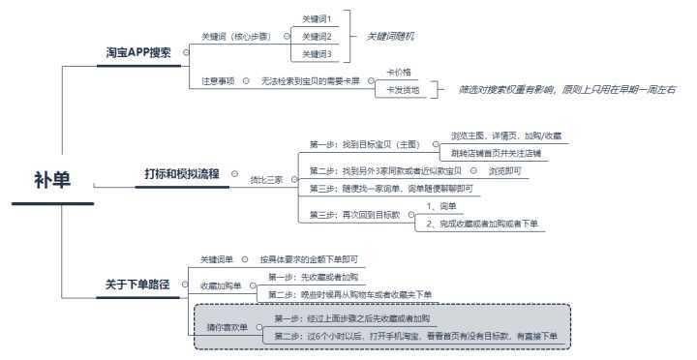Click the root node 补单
point(52,180)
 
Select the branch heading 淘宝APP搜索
point(138,53)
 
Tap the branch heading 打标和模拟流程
point(183,173)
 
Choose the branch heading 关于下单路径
point(137,285)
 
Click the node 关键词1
point(317,18)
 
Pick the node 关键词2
point(317,36)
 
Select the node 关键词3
point(317,53)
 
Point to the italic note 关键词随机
point(390,36)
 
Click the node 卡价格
point(400,72)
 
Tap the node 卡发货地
point(403,89)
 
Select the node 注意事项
point(218,80)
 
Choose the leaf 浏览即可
point(504,170)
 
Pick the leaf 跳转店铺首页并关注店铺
point(496,153)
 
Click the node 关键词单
point(218,259)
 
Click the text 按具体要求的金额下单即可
point(308,259)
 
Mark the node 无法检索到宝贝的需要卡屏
point(310,80)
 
